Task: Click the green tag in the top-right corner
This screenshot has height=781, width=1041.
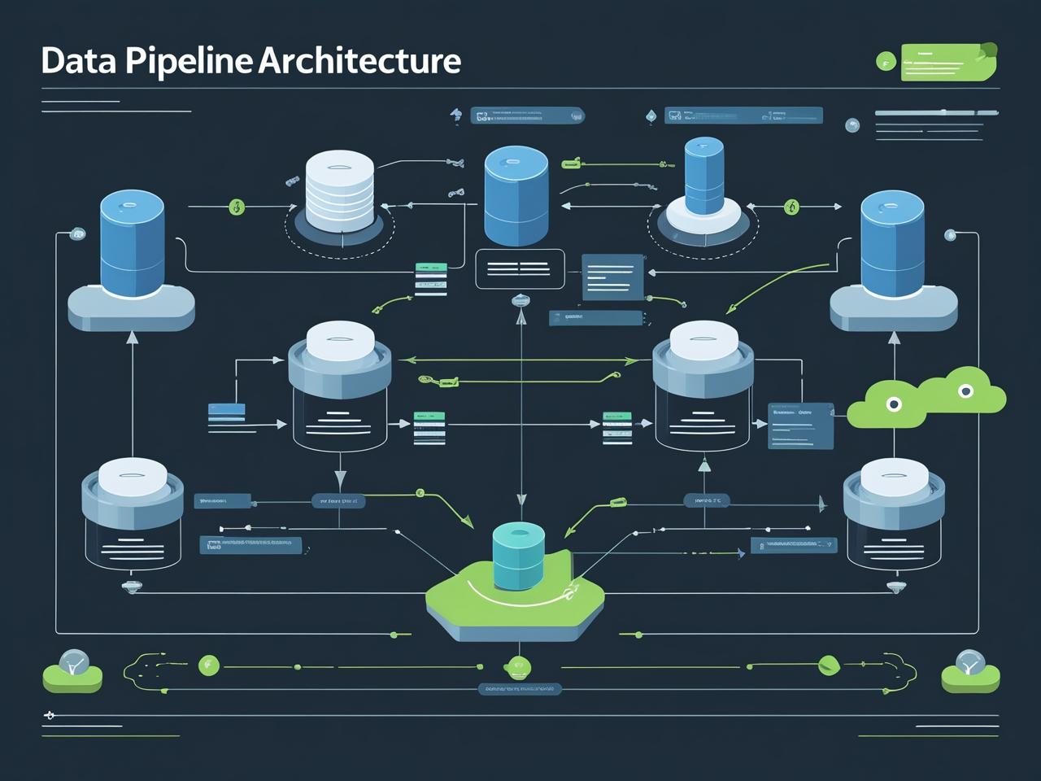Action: coord(949,62)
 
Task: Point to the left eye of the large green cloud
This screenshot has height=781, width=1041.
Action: coord(894,404)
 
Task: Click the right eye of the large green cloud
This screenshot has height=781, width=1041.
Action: coord(965,391)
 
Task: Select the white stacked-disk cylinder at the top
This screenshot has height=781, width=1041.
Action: coord(340,186)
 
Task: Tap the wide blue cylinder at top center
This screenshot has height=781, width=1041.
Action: coord(516,195)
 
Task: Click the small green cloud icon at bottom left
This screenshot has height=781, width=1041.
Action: coord(72,672)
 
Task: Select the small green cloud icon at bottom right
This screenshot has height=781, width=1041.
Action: coord(969,671)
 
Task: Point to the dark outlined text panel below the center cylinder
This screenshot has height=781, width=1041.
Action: coord(520,269)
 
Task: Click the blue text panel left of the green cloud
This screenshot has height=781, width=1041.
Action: coord(801,425)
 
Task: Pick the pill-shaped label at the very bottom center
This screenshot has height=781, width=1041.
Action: coord(519,690)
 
